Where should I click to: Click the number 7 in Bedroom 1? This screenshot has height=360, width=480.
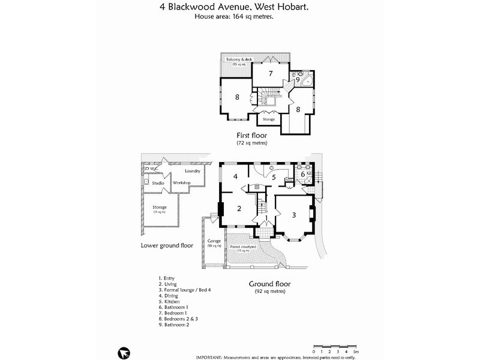[x=271, y=74]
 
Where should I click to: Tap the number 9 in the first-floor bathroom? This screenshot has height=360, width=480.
[x=297, y=79]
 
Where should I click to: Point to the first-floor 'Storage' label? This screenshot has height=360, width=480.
[x=269, y=119]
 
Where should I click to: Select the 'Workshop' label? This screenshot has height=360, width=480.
[x=181, y=182]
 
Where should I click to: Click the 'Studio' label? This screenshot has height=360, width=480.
[x=158, y=182]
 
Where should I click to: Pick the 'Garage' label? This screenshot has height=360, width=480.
[x=214, y=242]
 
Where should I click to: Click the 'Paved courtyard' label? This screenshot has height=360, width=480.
[x=243, y=247]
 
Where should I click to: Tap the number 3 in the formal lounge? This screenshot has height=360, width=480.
[x=294, y=215]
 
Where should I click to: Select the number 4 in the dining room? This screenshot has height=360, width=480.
[x=236, y=176]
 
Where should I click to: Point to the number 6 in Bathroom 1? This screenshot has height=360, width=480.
[x=302, y=174]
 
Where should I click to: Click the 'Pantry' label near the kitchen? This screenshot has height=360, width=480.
[x=289, y=179]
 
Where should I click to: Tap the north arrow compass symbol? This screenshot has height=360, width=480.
[x=124, y=352]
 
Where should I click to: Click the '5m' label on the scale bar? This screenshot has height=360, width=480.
[x=355, y=351]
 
